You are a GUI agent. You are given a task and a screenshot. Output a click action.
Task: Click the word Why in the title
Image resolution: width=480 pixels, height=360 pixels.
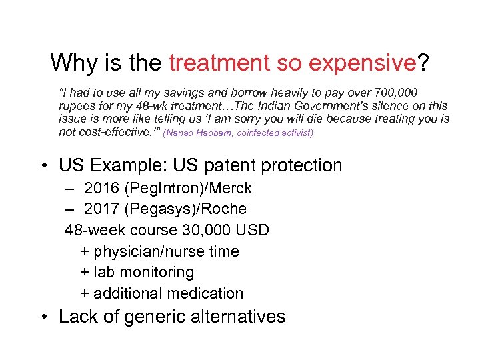click(73, 63)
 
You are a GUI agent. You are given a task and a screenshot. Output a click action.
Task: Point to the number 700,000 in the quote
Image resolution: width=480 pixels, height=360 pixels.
click(398, 91)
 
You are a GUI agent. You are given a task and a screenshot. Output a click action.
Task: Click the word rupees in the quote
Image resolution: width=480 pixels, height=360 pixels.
click(77, 106)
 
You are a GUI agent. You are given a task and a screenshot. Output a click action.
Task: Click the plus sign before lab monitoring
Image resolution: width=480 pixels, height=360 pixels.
click(85, 273)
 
